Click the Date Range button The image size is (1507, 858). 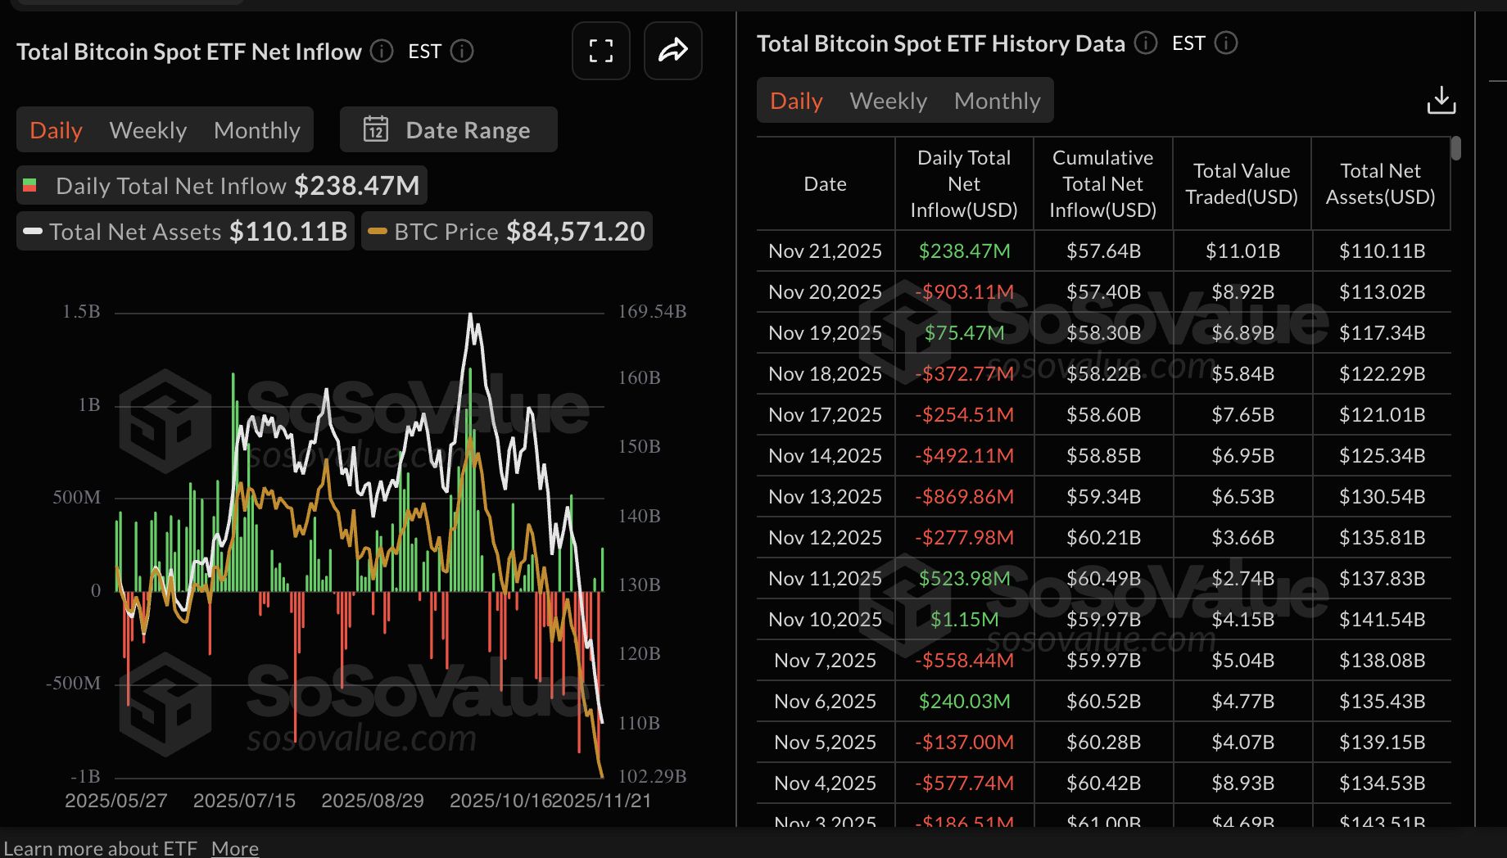pos(448,130)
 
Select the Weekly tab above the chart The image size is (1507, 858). pos(147,130)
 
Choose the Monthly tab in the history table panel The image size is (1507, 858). pos(997,101)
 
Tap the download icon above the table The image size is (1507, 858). pos(1441,101)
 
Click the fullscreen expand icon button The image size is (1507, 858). pos(600,51)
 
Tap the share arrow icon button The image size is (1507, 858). pos(672,51)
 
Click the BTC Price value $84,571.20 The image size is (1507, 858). pos(575,232)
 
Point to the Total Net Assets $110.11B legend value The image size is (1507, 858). pos(288,232)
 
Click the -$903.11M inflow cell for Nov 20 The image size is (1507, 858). pos(964,292)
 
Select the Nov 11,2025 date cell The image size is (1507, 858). pos(825,579)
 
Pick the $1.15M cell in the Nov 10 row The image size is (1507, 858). pos(964,620)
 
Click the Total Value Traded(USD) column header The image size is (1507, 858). pos(1241,184)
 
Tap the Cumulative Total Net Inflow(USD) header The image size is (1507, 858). pos(1102,184)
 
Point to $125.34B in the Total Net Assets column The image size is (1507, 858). pos(1382,456)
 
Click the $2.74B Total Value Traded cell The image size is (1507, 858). pos(1242,579)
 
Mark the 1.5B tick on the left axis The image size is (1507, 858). pos(81,312)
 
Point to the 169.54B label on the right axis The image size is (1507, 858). pos(652,312)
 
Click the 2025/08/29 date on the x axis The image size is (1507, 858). pos(373,801)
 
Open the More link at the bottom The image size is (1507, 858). pos(235,848)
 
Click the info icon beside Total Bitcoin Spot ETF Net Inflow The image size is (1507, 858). pos(381,52)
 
